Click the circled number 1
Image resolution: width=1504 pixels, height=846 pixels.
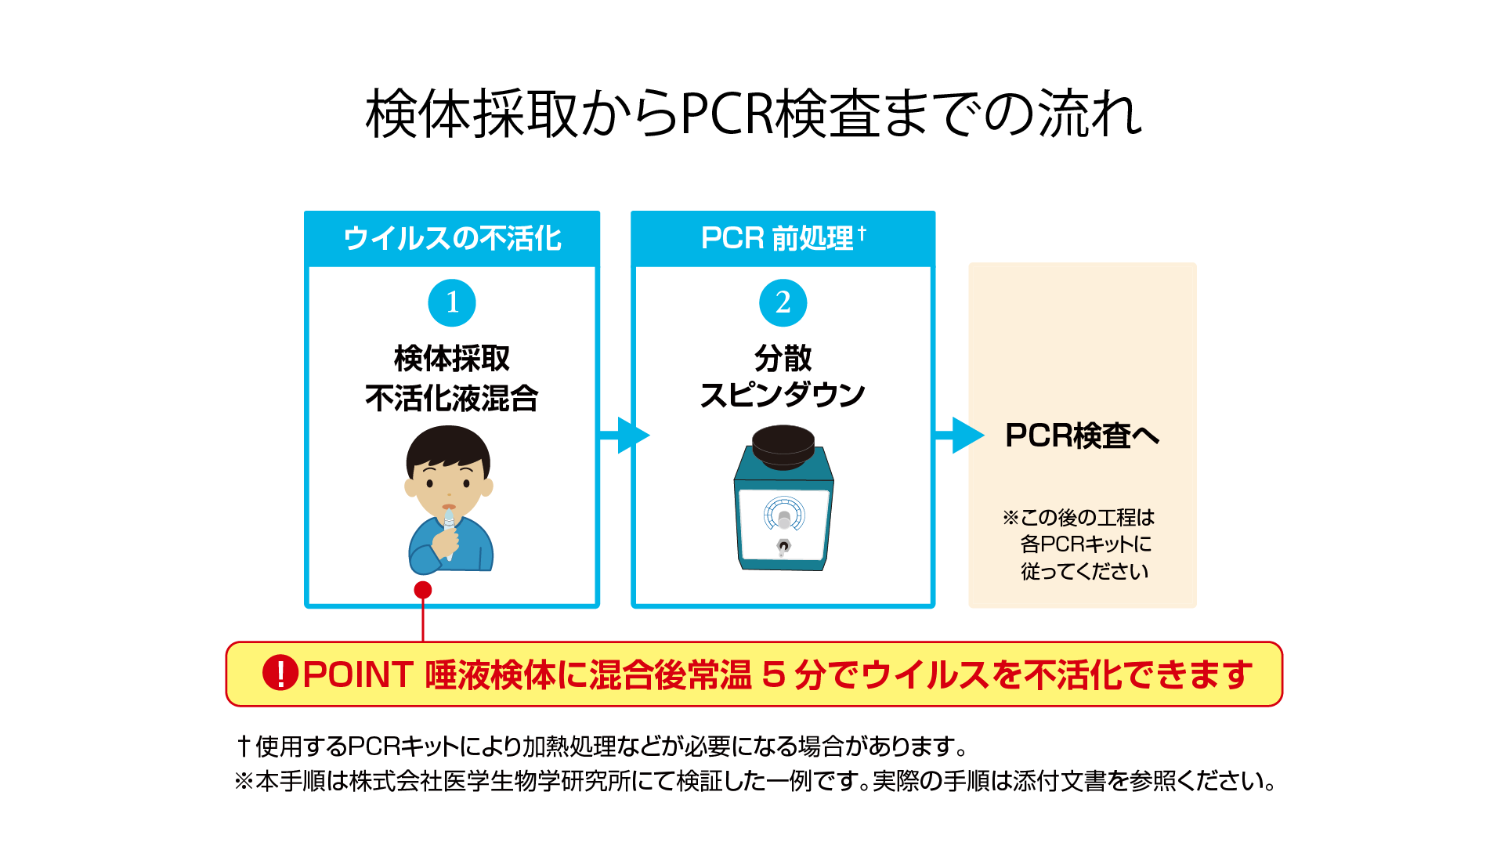click(x=452, y=302)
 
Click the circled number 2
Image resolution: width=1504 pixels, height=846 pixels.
click(x=783, y=302)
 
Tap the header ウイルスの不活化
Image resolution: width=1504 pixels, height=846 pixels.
click(x=452, y=238)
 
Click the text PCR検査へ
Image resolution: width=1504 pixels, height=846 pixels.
click(x=1082, y=436)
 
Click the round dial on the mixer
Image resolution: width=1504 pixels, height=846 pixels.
click(x=783, y=515)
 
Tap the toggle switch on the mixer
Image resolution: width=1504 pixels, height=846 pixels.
click(x=783, y=546)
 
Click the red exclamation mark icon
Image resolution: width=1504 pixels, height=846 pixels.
click(x=280, y=673)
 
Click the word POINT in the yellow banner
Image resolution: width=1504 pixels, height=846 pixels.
click(x=358, y=674)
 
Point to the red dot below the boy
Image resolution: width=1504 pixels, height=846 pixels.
click(x=423, y=590)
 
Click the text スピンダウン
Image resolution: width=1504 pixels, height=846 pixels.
click(x=783, y=396)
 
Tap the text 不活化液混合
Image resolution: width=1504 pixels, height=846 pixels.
click(x=452, y=398)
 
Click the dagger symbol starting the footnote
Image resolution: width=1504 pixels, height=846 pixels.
click(x=244, y=746)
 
